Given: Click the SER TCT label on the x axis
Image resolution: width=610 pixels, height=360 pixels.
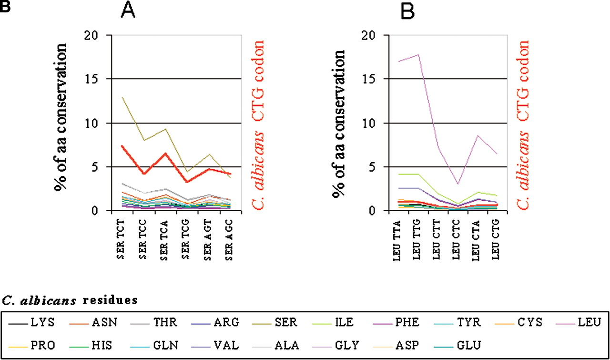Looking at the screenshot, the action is tap(121, 239).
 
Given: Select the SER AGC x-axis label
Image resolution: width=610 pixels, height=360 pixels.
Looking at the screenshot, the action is tap(229, 240).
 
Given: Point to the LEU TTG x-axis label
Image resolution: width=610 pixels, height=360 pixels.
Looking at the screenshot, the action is tap(417, 239).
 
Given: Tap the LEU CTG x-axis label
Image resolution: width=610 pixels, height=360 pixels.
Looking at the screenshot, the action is tap(495, 239).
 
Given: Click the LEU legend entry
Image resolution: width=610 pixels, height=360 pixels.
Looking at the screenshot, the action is tap(579, 322).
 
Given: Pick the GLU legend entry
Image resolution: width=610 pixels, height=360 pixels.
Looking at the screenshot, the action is tap(457, 345).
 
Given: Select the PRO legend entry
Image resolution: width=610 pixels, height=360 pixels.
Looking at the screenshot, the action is tap(31, 345).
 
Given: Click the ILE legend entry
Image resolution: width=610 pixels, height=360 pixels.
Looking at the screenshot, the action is tap(333, 322).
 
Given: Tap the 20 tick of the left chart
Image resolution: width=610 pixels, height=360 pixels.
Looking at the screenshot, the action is tap(91, 35).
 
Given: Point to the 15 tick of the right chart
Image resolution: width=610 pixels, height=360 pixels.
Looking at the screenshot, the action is tap(369, 79).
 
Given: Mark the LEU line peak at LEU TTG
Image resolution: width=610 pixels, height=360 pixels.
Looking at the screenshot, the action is tap(418, 55).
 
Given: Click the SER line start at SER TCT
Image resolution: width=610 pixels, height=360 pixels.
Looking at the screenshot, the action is tap(122, 97).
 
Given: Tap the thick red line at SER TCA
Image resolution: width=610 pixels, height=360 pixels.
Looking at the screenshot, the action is tap(165, 154).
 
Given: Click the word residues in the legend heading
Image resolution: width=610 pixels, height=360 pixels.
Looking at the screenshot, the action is tap(110, 300).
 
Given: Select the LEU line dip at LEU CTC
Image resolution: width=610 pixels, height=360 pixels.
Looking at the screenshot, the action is tap(458, 184).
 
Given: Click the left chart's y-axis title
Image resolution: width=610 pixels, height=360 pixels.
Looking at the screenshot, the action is tap(60, 117).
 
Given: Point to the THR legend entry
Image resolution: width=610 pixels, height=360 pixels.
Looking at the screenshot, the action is tap(154, 322).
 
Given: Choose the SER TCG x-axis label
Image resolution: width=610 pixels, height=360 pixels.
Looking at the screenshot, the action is tap(185, 239).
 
